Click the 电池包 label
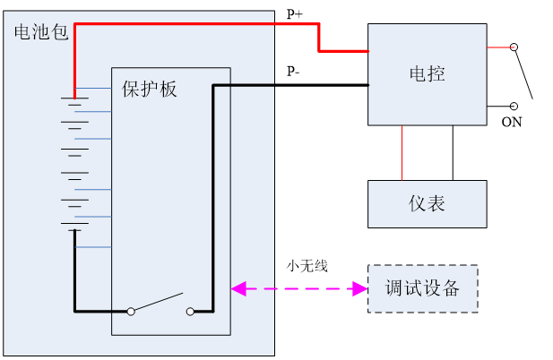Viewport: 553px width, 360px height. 41,33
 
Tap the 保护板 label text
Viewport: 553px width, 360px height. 150,90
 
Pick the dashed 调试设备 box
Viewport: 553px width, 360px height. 422,288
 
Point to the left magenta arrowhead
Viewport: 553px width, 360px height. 238,288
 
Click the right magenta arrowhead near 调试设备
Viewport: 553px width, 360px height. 361,288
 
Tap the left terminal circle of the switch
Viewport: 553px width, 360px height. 131,312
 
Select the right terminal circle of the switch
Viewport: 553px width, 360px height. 190,312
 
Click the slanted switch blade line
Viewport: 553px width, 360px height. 159,302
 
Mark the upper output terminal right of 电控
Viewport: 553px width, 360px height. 514,47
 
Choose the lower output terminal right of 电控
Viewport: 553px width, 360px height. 514,106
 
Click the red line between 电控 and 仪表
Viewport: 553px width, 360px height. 402,152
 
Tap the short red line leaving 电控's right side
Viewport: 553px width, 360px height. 498,47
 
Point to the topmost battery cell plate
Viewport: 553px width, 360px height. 74,97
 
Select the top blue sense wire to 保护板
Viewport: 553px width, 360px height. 93,89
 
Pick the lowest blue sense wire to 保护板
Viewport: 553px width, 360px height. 93,246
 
